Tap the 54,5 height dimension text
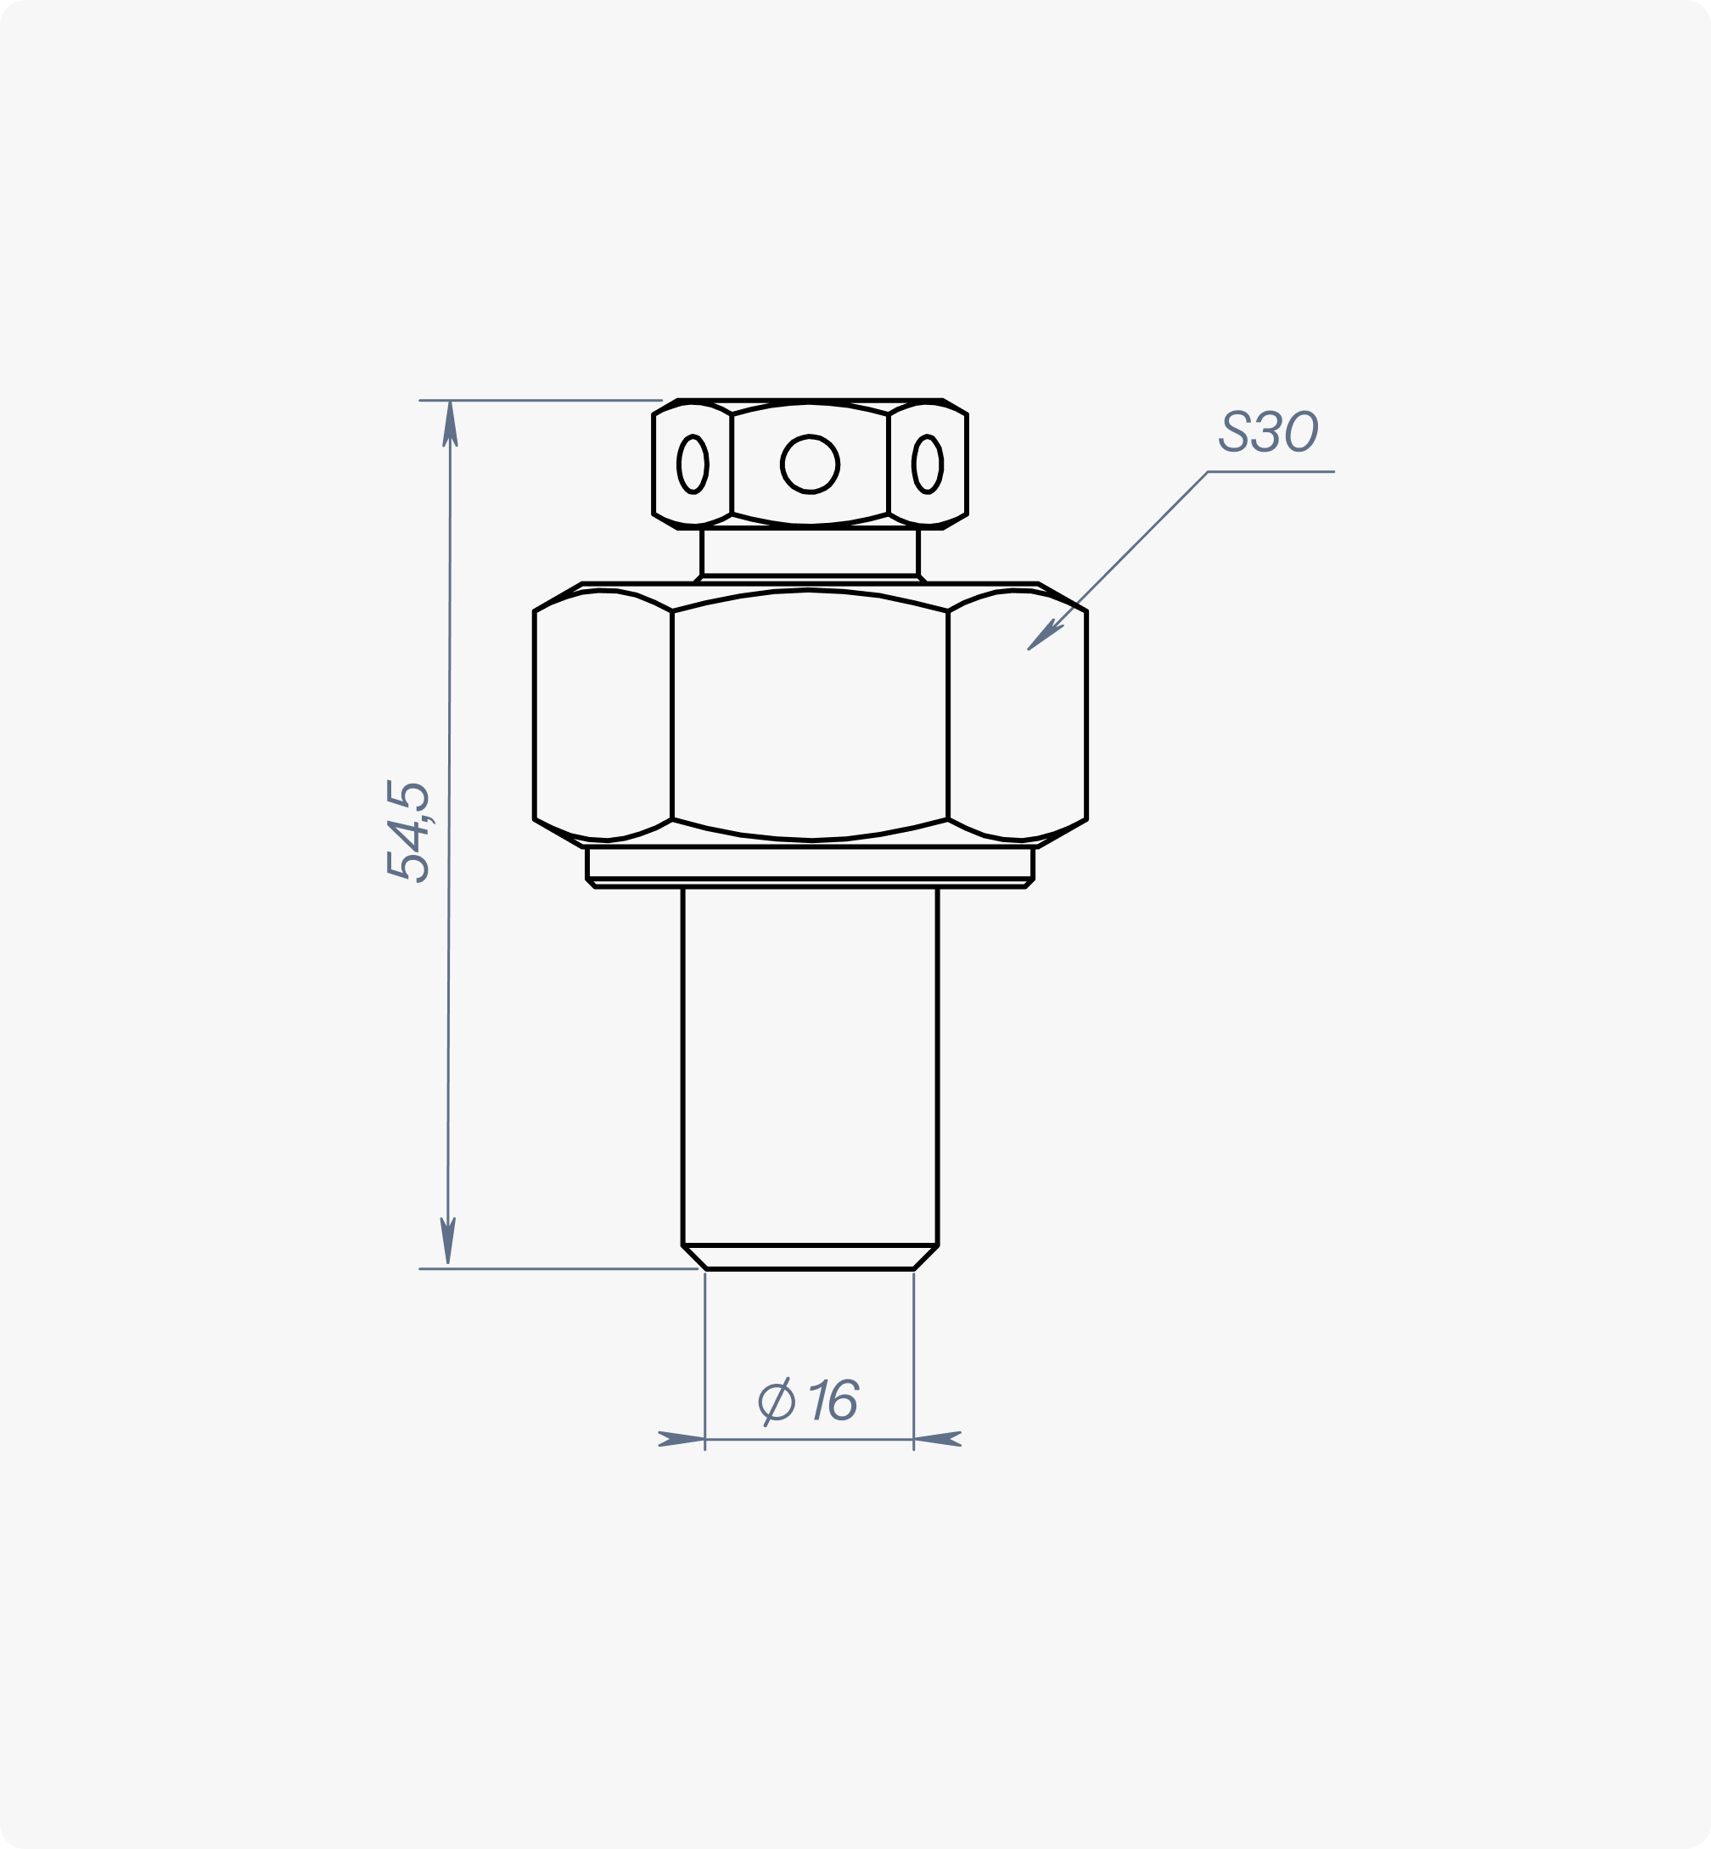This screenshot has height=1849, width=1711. pos(407,830)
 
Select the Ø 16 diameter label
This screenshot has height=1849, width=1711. pos(809,1401)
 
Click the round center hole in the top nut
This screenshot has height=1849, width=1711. pos(811,464)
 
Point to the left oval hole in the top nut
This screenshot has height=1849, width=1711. pos(693,464)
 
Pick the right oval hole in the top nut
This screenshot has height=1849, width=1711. pos(928,464)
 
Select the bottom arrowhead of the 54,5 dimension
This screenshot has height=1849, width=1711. pos(448,1240)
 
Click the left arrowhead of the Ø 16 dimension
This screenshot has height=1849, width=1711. pos(682,1439)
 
